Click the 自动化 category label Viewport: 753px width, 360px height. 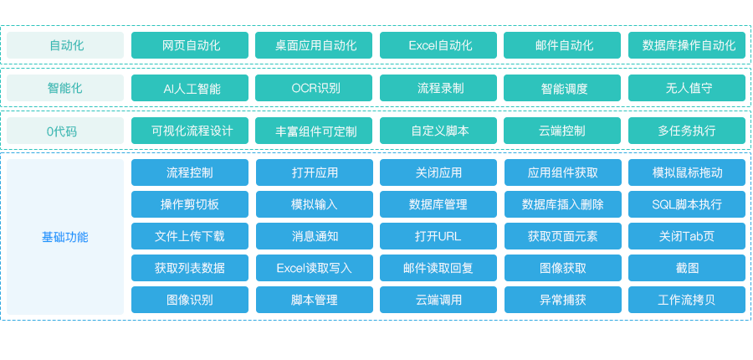pos(65,45)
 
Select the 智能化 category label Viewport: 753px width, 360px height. pos(65,88)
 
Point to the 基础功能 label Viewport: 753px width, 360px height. pos(65,237)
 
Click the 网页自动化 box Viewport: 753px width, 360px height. pos(190,45)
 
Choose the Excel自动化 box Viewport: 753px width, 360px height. pos(438,45)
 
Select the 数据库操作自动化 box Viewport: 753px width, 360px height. pos(687,45)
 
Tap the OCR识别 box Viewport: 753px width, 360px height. pos(314,88)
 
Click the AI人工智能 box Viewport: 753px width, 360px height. pos(190,88)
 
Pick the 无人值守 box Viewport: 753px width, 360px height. pos(687,88)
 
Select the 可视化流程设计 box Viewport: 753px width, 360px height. pos(190,131)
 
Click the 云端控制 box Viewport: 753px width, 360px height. pos(562,131)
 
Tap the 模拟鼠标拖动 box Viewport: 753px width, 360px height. pos(687,172)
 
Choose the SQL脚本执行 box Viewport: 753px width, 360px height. pos(687,204)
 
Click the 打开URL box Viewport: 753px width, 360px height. pos(438,236)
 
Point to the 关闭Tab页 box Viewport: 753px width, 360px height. pos(687,236)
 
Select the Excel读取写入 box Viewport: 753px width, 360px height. pos(314,268)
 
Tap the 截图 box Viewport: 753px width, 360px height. pos(687,268)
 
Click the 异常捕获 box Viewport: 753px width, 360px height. pos(562,300)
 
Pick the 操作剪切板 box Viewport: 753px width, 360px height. pos(190,204)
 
